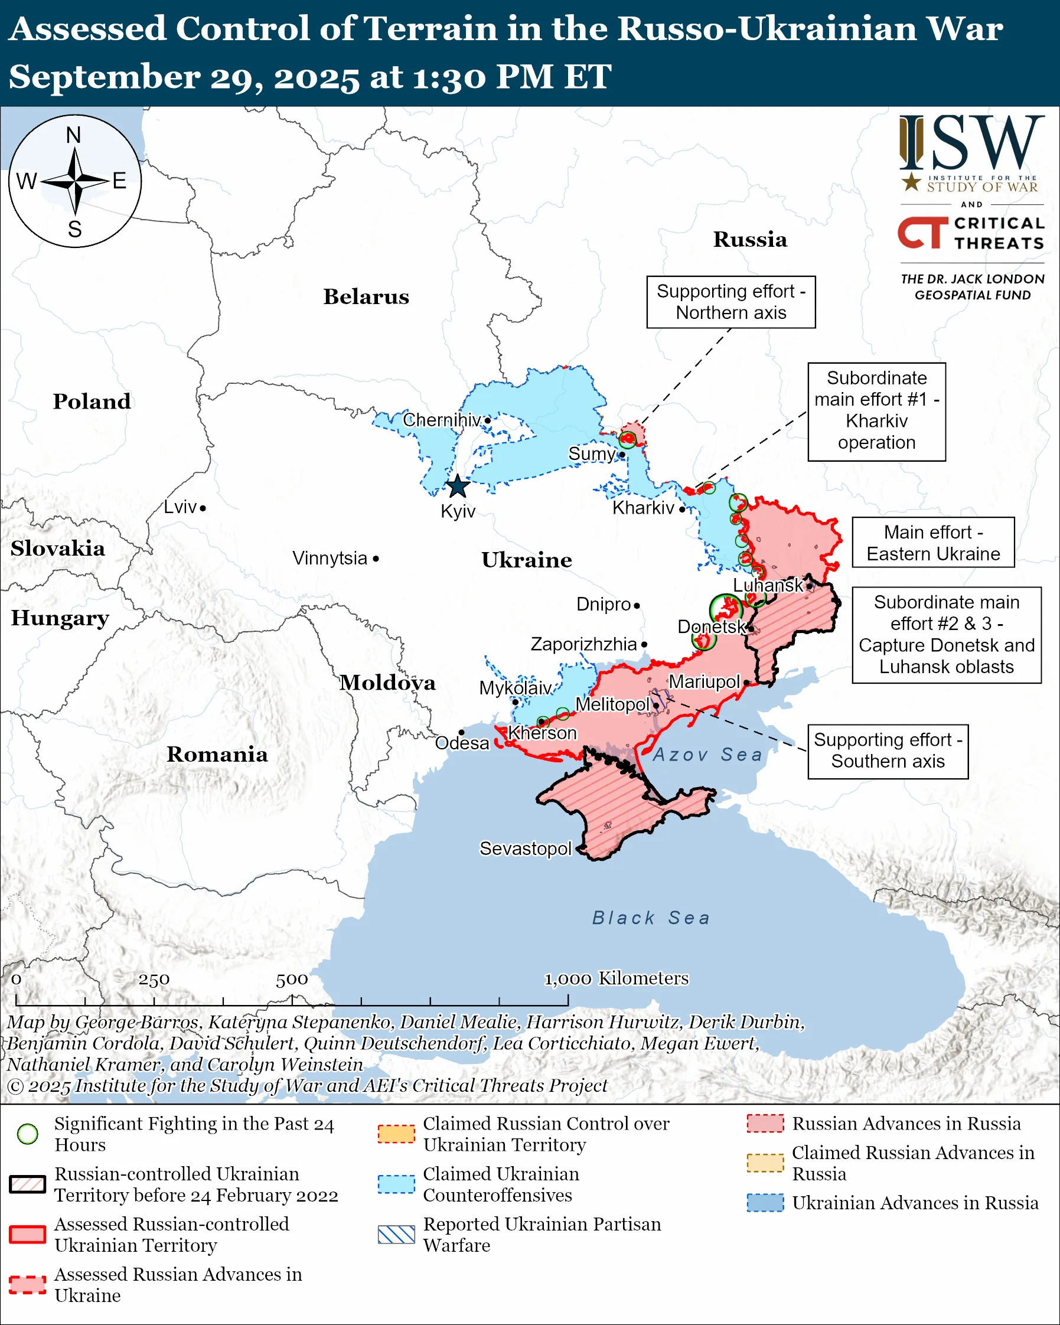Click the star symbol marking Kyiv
[457, 487]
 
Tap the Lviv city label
[180, 507]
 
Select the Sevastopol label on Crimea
[526, 848]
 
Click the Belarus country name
[366, 297]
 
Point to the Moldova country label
[388, 683]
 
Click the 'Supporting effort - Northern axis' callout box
[730, 302]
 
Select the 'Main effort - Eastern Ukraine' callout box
[933, 543]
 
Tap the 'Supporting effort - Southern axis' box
[888, 751]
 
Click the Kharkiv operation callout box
[876, 411]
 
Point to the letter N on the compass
[74, 135]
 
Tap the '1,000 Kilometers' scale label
[617, 978]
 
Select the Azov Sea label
[707, 755]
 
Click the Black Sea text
[651, 918]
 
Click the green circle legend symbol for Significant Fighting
[28, 1134]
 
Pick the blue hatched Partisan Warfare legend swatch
[396, 1234]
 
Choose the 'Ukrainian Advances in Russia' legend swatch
[765, 1203]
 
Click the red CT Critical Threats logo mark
[922, 232]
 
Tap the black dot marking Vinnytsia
[376, 559]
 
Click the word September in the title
[105, 77]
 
